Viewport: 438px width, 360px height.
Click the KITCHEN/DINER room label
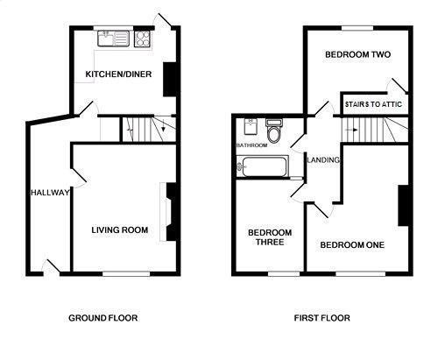[118, 74]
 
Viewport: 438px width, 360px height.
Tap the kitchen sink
[113, 39]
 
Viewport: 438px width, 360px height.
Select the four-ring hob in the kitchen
[143, 39]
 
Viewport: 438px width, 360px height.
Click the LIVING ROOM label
[120, 230]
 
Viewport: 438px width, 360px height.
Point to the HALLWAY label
[50, 193]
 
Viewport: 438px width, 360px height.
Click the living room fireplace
[171, 212]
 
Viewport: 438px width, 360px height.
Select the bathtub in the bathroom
[262, 166]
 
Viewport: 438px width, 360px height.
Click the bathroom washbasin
[251, 126]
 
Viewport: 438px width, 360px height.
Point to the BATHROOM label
[251, 145]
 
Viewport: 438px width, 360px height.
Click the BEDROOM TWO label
[357, 54]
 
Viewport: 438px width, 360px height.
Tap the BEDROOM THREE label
[270, 237]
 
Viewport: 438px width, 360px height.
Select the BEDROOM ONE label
[352, 244]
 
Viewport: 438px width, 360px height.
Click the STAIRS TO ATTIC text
[373, 104]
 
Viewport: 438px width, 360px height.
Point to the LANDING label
[323, 160]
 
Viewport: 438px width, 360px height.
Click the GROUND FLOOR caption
[103, 318]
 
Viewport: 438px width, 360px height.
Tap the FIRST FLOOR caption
[321, 318]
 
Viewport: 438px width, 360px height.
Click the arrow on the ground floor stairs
[163, 125]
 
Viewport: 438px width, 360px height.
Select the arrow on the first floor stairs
[351, 130]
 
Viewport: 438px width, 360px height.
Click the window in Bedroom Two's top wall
[357, 28]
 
